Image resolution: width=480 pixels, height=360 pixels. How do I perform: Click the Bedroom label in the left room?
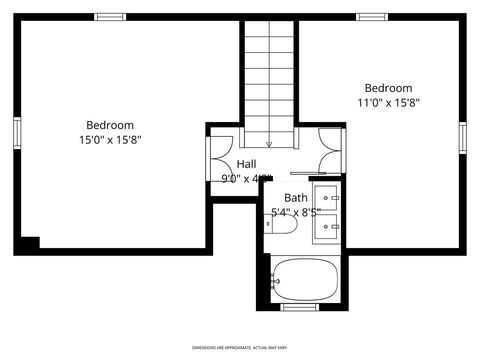(x=109, y=125)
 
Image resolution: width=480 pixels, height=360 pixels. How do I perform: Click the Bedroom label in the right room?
(x=388, y=88)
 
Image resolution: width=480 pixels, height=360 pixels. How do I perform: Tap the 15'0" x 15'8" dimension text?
(x=109, y=140)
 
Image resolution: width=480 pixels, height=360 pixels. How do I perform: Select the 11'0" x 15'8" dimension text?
(x=388, y=102)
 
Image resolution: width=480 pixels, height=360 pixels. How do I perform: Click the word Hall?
(x=246, y=164)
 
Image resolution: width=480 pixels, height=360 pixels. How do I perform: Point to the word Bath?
(x=296, y=198)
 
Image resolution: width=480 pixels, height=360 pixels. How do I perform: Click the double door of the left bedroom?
(x=218, y=159)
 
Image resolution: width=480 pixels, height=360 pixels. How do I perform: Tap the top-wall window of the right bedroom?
(x=372, y=17)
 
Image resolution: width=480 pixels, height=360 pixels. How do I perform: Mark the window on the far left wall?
(x=17, y=133)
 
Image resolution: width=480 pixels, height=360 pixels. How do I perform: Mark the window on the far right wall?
(x=462, y=137)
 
